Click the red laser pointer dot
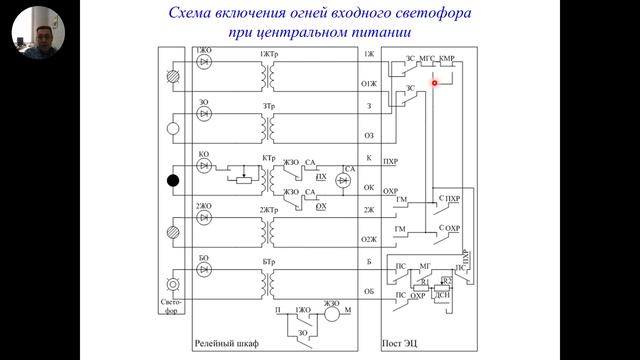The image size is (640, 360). (435, 83)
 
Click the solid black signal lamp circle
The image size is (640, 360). (172, 181)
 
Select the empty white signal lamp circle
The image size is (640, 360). (172, 128)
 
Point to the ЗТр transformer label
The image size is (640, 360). (269, 105)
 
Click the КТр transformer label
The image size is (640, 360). (268, 158)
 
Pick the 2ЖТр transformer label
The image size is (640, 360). (269, 209)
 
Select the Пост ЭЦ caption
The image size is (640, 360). (405, 343)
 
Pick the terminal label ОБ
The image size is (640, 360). (368, 292)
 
